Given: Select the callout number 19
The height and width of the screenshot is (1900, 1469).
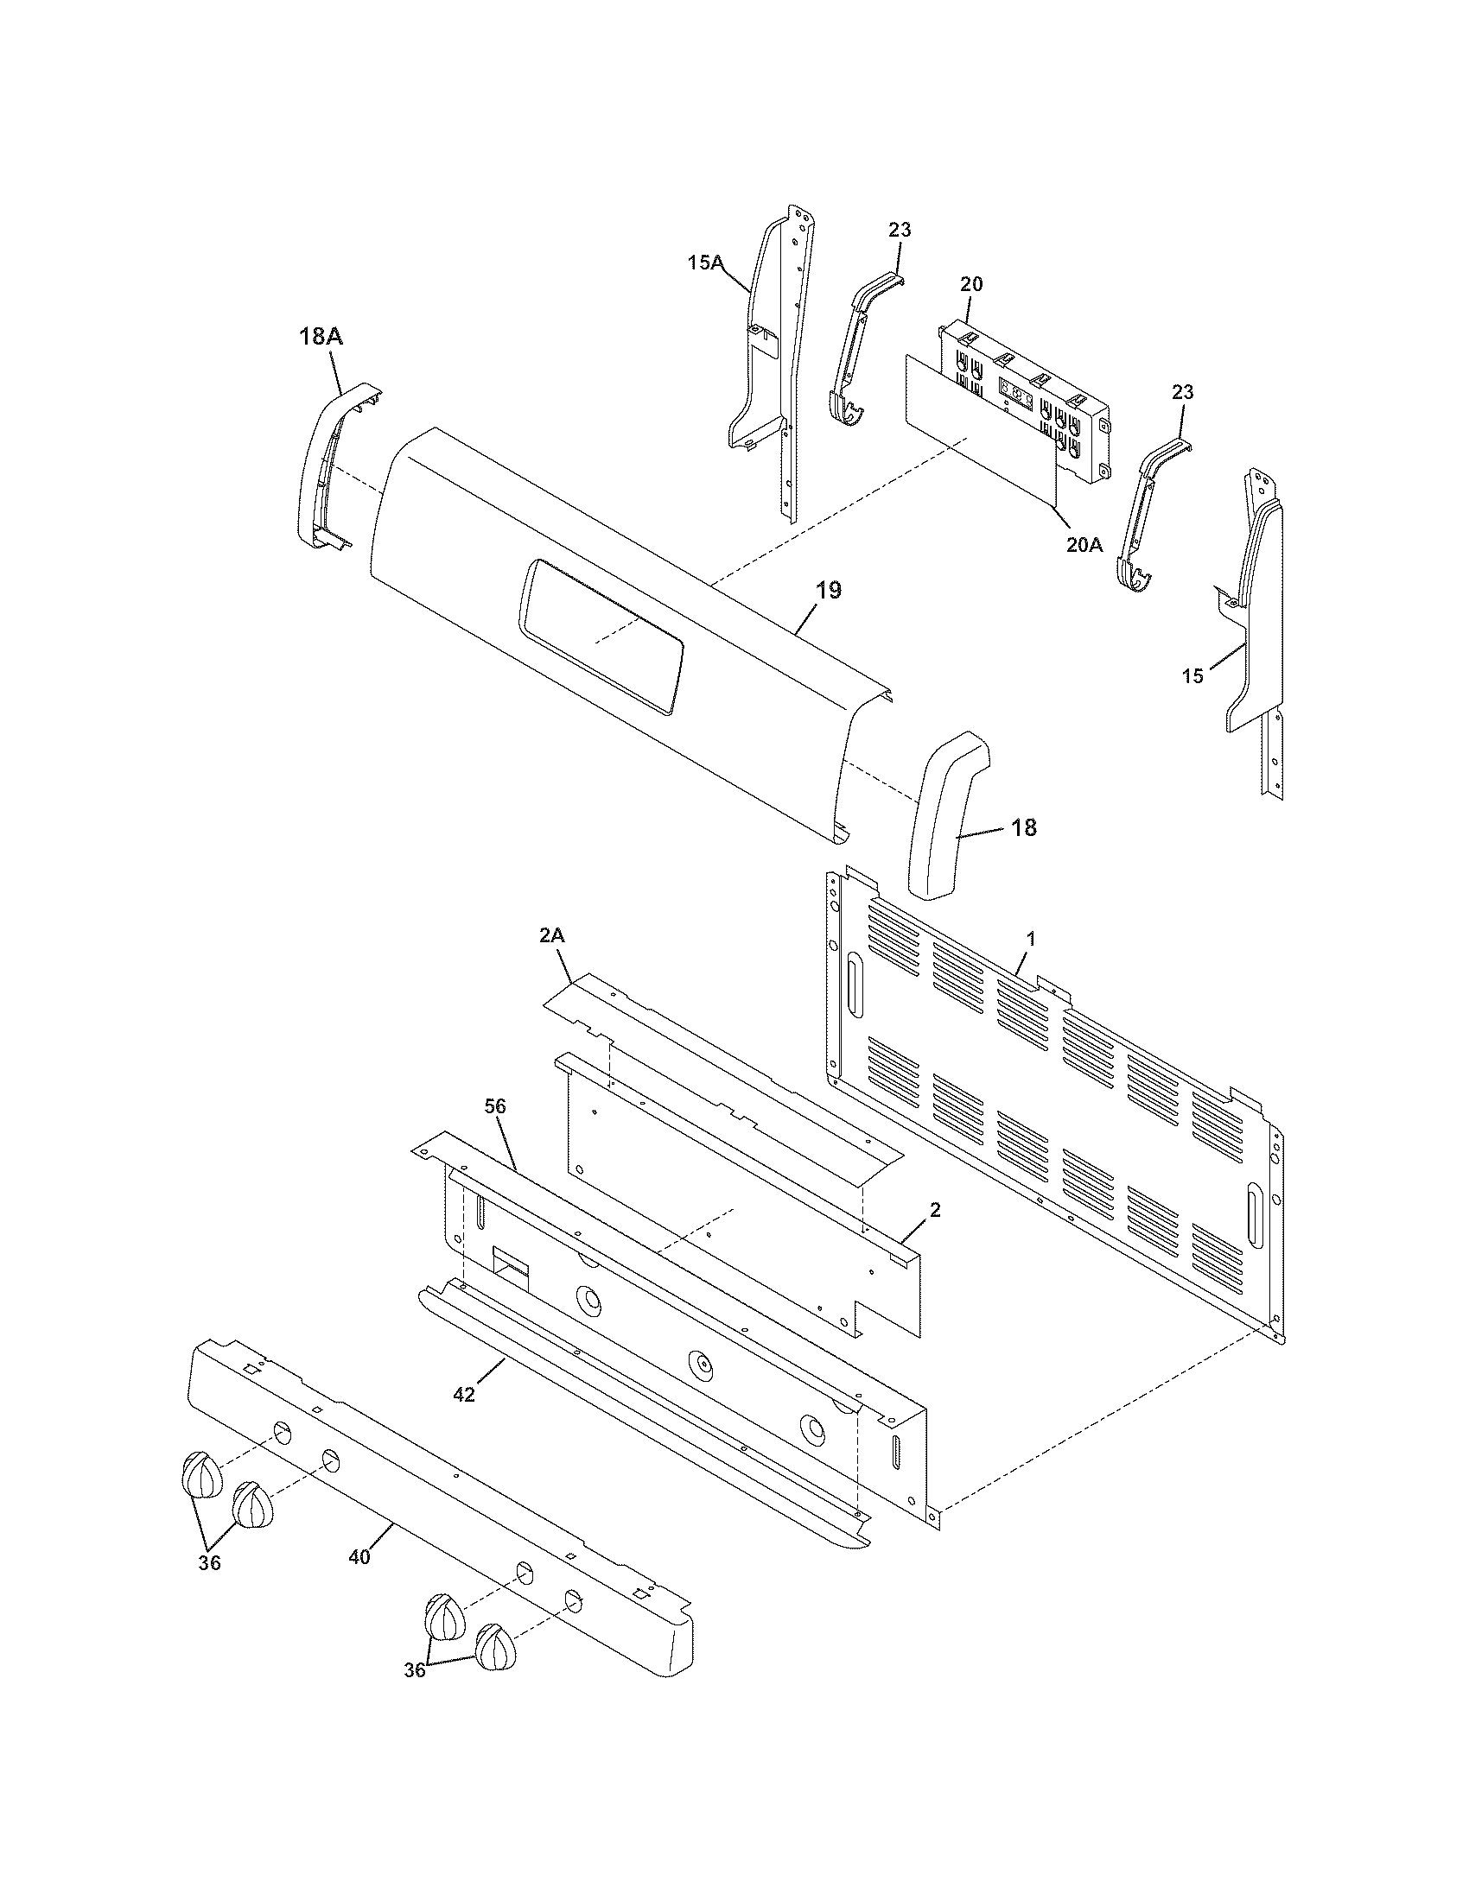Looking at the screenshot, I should [x=829, y=591].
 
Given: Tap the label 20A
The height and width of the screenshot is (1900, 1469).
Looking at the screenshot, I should [x=1084, y=545].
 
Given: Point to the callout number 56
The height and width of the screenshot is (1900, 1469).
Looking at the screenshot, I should [x=495, y=1106].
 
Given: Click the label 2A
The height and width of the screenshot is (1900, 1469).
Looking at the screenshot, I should [x=552, y=935].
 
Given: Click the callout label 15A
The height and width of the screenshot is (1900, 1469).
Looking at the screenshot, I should [x=706, y=262].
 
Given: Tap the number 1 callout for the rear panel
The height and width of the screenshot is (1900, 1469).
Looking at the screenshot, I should [x=1031, y=939].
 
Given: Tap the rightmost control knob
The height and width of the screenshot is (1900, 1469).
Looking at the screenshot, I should [x=496, y=1646].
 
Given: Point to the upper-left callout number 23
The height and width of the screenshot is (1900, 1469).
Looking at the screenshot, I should [x=900, y=230].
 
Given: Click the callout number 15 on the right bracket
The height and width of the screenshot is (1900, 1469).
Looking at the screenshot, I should [x=1192, y=676].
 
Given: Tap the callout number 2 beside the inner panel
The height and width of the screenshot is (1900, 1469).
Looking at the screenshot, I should [x=935, y=1210].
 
